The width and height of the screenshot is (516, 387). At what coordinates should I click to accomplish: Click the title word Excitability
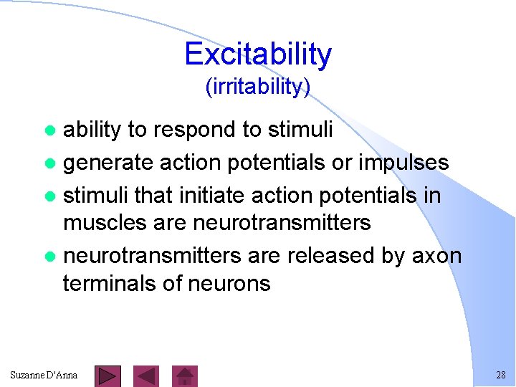pos(258,54)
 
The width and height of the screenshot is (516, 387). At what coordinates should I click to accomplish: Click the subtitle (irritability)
pos(258,87)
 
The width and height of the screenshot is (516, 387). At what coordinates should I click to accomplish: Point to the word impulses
pos(405,163)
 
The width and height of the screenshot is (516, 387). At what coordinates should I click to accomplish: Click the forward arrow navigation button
pos(108,376)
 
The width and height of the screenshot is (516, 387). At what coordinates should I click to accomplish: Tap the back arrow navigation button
pos(146,376)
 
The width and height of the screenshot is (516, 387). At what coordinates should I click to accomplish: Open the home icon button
pos(186,376)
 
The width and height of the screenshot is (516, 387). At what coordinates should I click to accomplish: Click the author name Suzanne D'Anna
pos(44,376)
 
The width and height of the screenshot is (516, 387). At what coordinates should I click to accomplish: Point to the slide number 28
pos(500,376)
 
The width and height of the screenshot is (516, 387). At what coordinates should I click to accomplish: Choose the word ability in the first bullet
pos(92,130)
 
